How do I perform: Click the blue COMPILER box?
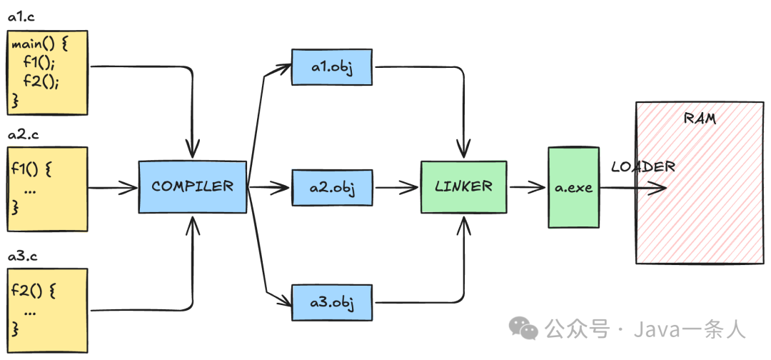point(192,186)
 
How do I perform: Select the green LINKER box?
point(463,186)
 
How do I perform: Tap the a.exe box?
point(573,187)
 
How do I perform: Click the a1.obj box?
point(333,67)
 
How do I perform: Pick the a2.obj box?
point(333,188)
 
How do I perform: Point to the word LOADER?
point(642,167)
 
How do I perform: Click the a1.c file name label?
point(21,17)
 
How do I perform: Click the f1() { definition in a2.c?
point(33,172)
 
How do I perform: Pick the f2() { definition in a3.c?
point(33,291)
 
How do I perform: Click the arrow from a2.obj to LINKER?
point(397,188)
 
